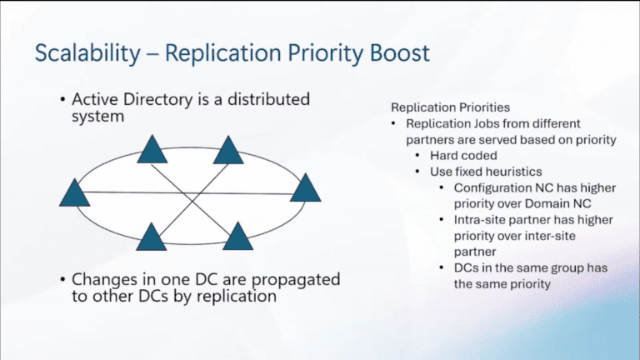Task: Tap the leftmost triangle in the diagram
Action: tap(75, 192)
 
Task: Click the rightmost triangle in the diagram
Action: tap(305, 187)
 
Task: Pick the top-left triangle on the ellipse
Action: tap(152, 150)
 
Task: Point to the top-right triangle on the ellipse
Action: tap(227, 150)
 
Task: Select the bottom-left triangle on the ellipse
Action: tap(152, 237)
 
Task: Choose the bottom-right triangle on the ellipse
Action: tap(237, 237)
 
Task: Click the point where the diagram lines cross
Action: tap(191, 193)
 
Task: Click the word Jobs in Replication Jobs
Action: tap(483, 124)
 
